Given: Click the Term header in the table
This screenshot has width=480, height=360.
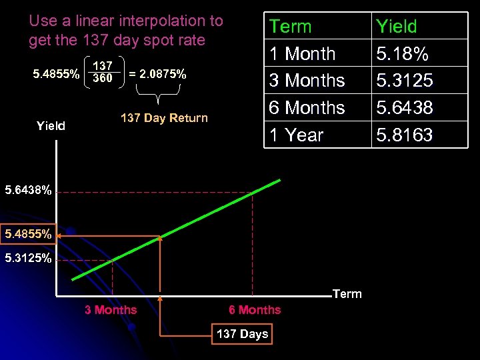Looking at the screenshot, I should pyautogui.click(x=290, y=27).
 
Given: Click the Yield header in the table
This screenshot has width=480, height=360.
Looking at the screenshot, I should pyautogui.click(x=396, y=27).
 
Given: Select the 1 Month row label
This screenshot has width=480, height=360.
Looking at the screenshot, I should pyautogui.click(x=302, y=54).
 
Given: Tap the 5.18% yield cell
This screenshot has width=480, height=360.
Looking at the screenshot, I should pyautogui.click(x=403, y=54).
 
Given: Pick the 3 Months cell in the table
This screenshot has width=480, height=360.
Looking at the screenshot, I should pyautogui.click(x=307, y=81).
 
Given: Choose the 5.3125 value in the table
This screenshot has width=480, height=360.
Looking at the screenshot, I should pyautogui.click(x=405, y=81).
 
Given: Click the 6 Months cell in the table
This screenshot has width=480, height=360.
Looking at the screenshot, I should pyautogui.click(x=307, y=108).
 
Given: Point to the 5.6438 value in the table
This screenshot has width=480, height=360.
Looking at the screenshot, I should pyautogui.click(x=405, y=108).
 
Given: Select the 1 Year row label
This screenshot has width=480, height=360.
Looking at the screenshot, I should pyautogui.click(x=296, y=135).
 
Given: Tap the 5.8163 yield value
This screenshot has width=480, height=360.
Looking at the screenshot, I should pyautogui.click(x=405, y=135).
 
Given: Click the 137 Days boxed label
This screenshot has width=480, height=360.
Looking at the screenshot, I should pyautogui.click(x=243, y=334).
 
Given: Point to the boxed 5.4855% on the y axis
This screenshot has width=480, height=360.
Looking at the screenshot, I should pyautogui.click(x=28, y=235).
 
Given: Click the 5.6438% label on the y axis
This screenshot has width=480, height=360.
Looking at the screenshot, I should pyautogui.click(x=28, y=191).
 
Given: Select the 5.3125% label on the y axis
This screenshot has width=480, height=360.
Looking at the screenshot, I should pyautogui.click(x=28, y=258).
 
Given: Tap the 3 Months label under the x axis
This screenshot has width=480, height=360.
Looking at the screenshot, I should pyautogui.click(x=111, y=309).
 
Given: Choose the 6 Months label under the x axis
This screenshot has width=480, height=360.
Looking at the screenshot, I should pyautogui.click(x=255, y=309).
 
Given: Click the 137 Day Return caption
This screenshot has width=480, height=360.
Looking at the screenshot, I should pyautogui.click(x=164, y=118).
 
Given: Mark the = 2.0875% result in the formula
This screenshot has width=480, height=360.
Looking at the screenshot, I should pyautogui.click(x=157, y=74).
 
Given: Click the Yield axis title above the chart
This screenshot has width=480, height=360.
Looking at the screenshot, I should pyautogui.click(x=51, y=125).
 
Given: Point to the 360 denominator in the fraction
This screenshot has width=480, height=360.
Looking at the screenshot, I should pyautogui.click(x=102, y=79).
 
